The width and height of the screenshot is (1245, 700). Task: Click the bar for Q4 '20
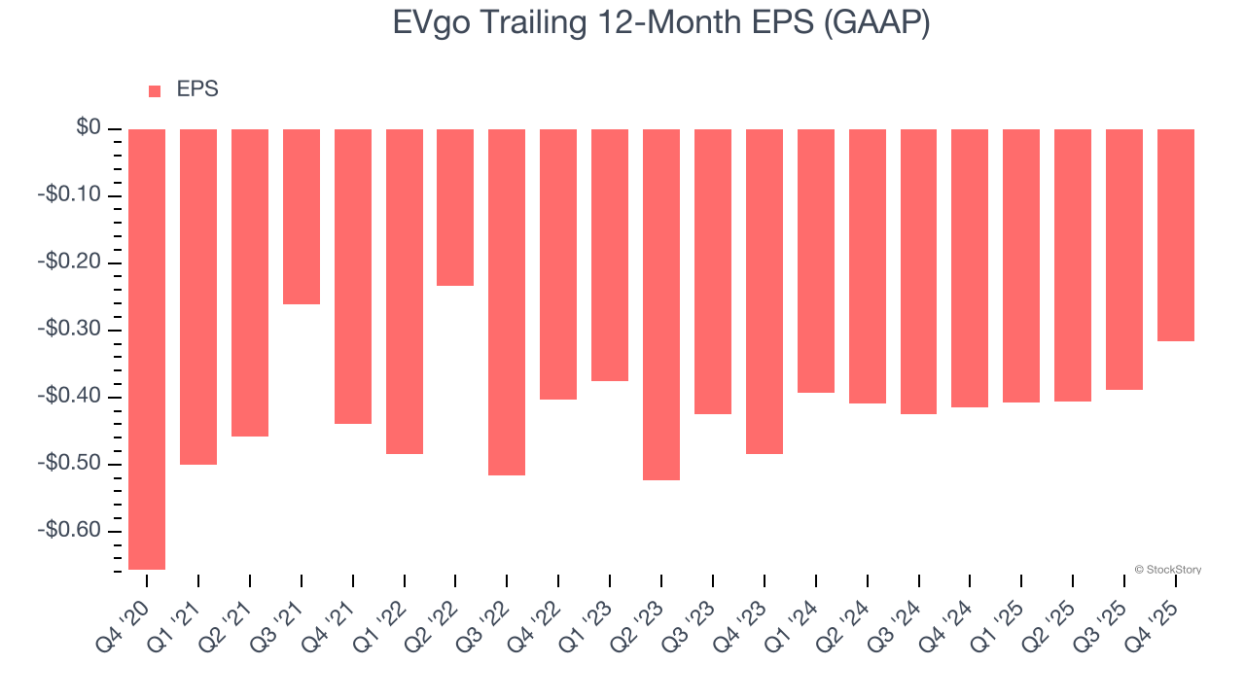147,349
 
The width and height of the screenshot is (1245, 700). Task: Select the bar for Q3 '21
302,217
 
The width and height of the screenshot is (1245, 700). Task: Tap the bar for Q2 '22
455,207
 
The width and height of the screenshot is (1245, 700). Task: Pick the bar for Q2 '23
661,304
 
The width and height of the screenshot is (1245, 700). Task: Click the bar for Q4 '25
1176,235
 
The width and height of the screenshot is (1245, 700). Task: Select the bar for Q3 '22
507,302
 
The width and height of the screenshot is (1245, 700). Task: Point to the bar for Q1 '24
816,261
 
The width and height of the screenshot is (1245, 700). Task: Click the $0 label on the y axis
89,128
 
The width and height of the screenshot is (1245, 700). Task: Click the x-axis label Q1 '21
179,618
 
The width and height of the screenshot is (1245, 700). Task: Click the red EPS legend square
155,91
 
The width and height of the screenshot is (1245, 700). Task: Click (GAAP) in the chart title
876,23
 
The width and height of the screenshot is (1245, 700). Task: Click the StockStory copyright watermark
1167,570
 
